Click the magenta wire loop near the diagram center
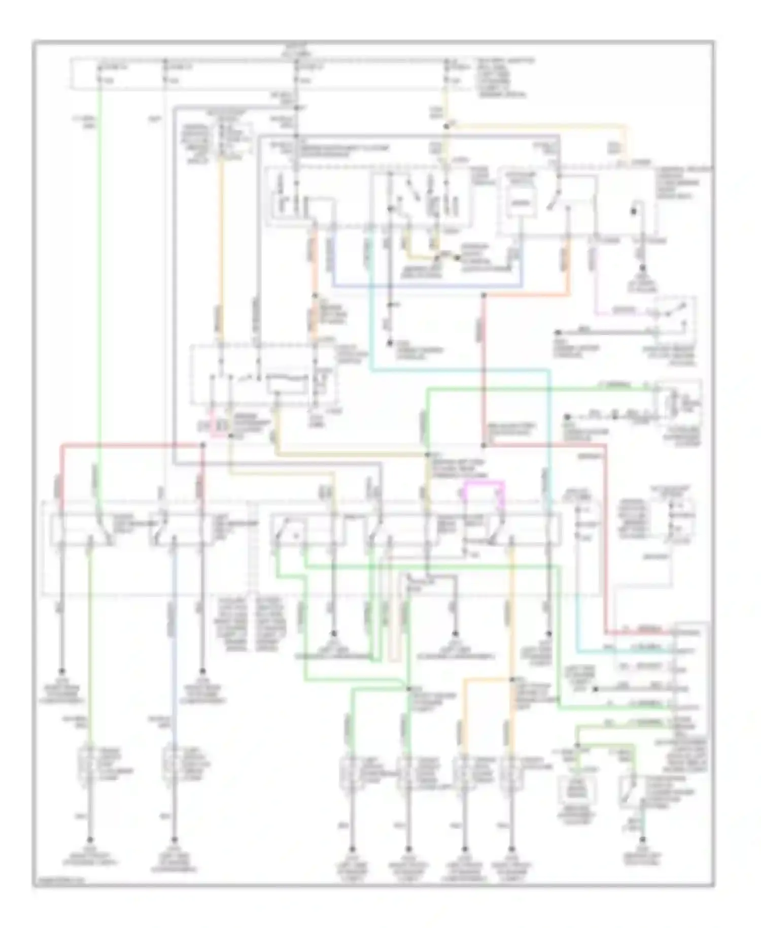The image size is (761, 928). pos(485,483)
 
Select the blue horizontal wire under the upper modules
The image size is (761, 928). pos(426,286)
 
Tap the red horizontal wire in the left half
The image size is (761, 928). pos(132,445)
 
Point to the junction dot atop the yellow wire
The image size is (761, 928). pos(446,126)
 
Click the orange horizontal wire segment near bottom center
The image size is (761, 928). pos(487,679)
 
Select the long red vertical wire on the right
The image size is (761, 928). pos(606,538)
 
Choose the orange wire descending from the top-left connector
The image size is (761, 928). pos(221,254)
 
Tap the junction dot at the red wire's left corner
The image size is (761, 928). pos(202,445)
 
